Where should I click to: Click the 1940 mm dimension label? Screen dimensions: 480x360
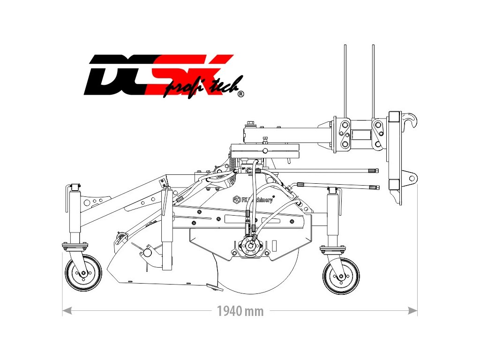pyautogui.click(x=240, y=311)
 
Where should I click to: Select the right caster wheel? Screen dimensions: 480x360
pyautogui.click(x=341, y=276)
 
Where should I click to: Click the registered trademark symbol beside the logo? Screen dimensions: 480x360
pyautogui.click(x=240, y=94)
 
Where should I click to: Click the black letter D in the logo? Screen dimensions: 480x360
pyautogui.click(x=105, y=75)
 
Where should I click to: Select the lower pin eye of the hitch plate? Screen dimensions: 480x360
pyautogui.click(x=411, y=177)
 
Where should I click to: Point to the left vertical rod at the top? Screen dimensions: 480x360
pyautogui.click(x=345, y=80)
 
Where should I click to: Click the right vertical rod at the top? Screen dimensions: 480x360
pyautogui.click(x=373, y=80)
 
